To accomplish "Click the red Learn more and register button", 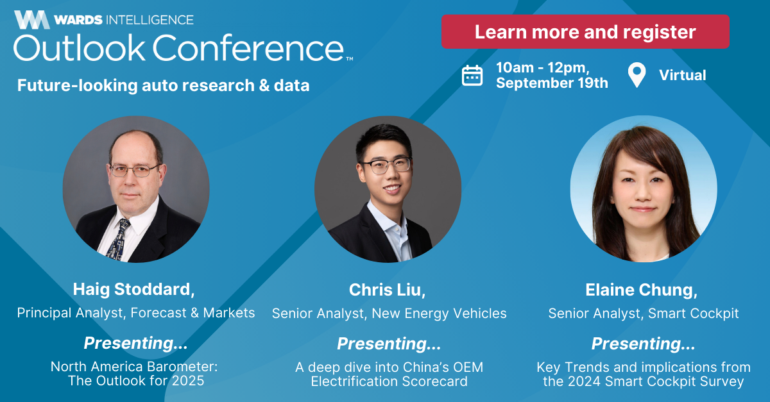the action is click(585, 31).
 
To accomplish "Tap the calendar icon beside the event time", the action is click(472, 75).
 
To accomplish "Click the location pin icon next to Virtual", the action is click(637, 75).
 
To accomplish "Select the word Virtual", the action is click(682, 75).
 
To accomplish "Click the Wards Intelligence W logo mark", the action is click(32, 20).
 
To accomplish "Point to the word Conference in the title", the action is click(248, 48).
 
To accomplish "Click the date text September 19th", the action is click(552, 83).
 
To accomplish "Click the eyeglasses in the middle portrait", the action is click(386, 165).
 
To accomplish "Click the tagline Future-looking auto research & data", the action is click(163, 85).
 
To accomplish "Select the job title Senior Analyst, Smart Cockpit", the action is click(644, 314).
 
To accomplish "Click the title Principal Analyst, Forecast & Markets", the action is click(136, 313).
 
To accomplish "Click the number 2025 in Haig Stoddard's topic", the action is click(188, 381).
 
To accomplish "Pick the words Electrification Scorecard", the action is click(389, 381).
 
